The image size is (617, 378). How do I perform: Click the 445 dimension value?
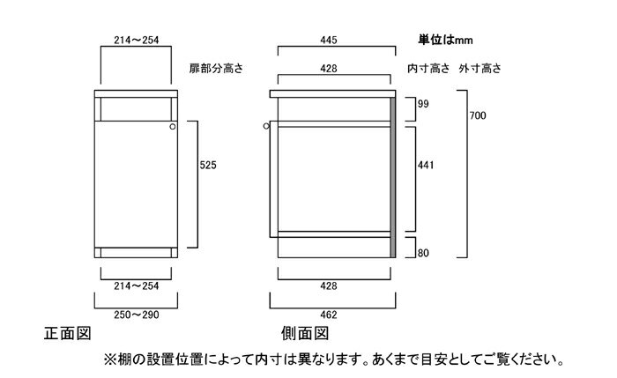(x=329, y=41)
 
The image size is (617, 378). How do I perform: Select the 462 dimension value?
(x=329, y=315)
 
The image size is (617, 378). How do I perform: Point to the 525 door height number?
(x=208, y=165)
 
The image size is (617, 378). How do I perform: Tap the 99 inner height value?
(x=423, y=104)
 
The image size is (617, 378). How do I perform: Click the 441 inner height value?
(x=426, y=165)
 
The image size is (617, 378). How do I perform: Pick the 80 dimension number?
(x=423, y=253)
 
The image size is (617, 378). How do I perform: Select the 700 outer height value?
(x=478, y=115)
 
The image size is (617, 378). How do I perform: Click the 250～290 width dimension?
(x=137, y=315)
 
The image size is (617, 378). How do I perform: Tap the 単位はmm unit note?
(x=445, y=40)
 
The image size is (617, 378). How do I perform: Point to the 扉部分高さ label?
(x=217, y=69)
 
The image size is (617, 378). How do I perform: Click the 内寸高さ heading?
(x=428, y=69)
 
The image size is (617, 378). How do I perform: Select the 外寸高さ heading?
(x=480, y=69)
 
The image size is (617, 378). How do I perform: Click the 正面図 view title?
(x=68, y=334)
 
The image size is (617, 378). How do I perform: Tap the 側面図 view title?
(x=305, y=334)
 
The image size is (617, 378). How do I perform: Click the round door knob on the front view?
(x=173, y=127)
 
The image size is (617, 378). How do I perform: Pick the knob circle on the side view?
(x=266, y=126)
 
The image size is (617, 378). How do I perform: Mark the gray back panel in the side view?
(x=393, y=178)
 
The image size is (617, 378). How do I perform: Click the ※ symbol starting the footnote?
(x=108, y=359)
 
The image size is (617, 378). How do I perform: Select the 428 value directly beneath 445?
(x=329, y=69)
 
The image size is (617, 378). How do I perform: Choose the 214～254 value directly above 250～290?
(x=137, y=286)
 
